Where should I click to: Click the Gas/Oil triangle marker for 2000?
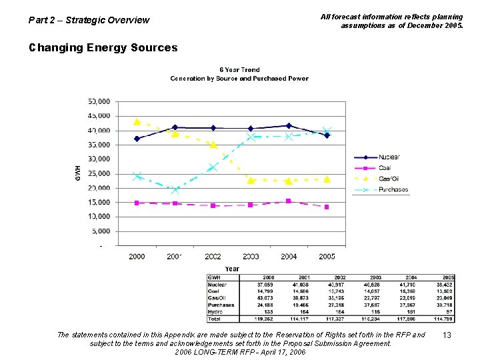point(137,122)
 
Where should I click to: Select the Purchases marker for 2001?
point(175,190)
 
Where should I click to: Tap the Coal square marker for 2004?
point(288,201)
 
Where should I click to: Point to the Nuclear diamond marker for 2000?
point(137,139)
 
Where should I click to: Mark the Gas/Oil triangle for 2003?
point(251,180)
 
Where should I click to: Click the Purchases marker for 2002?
point(213,167)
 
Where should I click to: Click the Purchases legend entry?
point(393,189)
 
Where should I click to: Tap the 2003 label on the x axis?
point(251,257)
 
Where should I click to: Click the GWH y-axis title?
point(77,173)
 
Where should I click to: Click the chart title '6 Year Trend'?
point(239,70)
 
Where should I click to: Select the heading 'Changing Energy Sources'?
point(103,48)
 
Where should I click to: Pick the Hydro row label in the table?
point(216,312)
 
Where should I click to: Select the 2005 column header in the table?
point(448,277)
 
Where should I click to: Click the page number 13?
point(448,335)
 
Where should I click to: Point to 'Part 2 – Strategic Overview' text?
point(89,20)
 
